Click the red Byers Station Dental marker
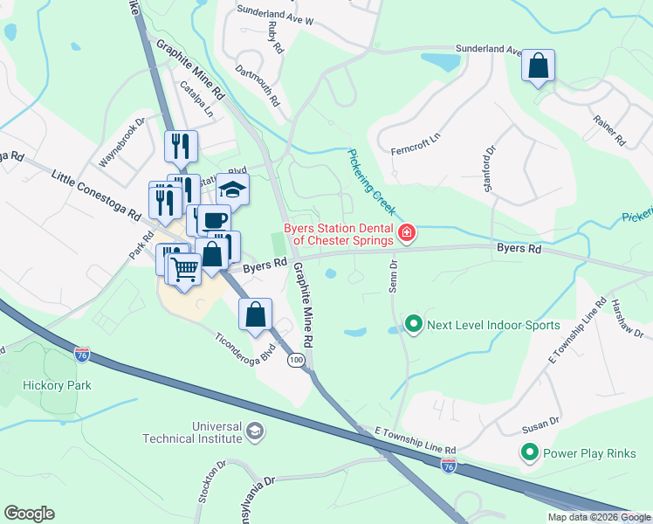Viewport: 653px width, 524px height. pos(406,232)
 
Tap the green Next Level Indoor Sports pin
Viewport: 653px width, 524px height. pos(414,325)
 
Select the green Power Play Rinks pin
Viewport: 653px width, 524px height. pos(529,453)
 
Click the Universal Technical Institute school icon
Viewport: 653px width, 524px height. pos(255,431)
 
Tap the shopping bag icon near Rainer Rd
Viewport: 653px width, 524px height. pos(538,66)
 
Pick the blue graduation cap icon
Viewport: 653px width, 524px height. pos(233,189)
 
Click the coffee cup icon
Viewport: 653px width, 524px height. pos(214,220)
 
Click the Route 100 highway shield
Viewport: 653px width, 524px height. pos(296,360)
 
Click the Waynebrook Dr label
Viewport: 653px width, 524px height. pos(121,143)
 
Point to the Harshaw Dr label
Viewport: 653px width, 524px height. pos(627,321)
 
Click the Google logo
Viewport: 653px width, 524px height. pos(29,514)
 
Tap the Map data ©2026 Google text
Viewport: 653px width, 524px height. pos(599,517)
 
